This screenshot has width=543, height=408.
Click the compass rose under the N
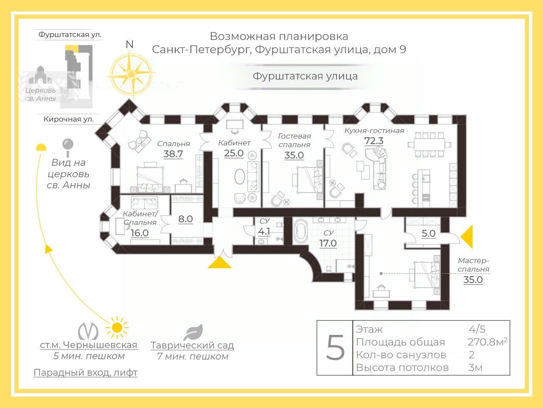click(x=131, y=74)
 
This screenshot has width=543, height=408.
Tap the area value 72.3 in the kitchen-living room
click(x=374, y=141)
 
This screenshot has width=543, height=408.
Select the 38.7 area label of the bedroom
click(x=173, y=154)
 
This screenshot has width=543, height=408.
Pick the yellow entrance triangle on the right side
click(x=467, y=237)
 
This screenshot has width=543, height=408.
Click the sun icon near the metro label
click(x=117, y=328)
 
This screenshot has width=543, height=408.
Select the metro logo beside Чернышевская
click(x=88, y=331)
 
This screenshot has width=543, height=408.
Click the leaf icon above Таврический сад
click(x=193, y=332)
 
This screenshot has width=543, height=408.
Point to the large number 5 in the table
click(x=336, y=348)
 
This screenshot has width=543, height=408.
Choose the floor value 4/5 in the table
click(x=477, y=329)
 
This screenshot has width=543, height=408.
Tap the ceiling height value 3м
click(x=475, y=367)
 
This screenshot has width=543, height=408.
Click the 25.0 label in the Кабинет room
click(x=234, y=153)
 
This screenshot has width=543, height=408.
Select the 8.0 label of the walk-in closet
click(x=185, y=219)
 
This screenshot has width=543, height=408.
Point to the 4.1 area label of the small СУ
click(x=264, y=232)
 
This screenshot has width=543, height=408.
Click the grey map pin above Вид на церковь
click(x=67, y=146)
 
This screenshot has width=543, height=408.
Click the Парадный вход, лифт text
click(x=86, y=373)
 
